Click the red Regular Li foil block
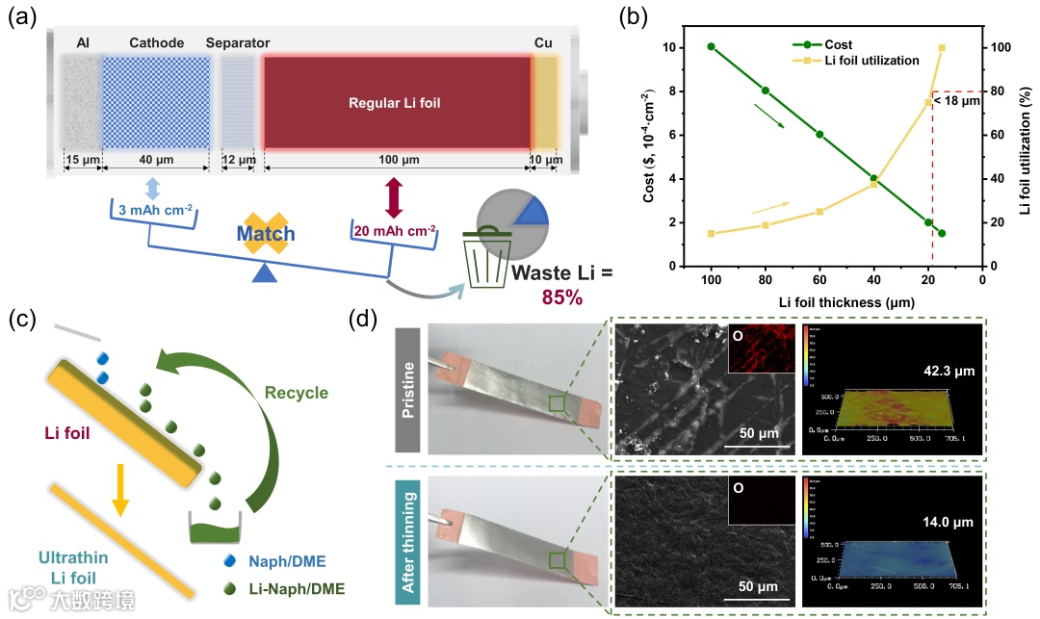point(397,101)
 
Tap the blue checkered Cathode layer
point(156,101)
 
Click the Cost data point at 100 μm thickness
point(712,47)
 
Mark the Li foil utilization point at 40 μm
point(873,184)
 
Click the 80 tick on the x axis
point(766,279)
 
